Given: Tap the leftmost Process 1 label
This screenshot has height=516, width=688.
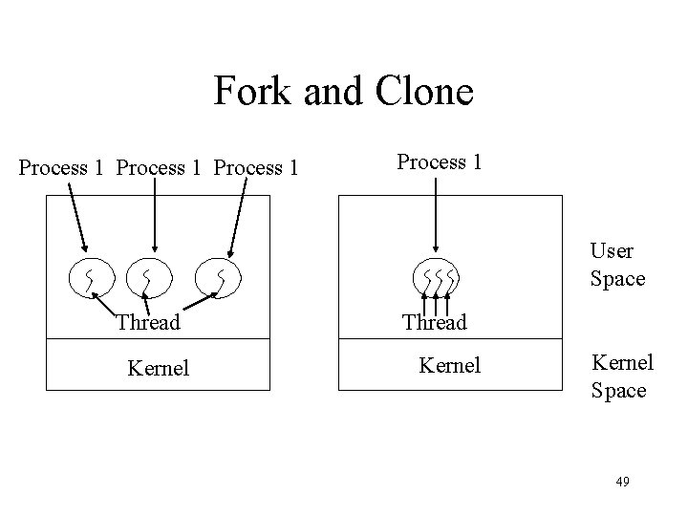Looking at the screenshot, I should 61,168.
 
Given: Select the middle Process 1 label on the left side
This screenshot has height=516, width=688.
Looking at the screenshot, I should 160,168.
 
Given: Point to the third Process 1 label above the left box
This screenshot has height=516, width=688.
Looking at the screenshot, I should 257,168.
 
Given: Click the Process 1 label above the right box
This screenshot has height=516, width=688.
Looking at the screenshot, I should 439,161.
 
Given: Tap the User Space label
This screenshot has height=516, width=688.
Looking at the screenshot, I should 617,265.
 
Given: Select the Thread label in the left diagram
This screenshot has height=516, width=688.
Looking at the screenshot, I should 147,323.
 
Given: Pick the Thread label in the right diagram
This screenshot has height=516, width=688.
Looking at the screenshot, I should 434,323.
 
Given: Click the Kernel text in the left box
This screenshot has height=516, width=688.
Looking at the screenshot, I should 159,366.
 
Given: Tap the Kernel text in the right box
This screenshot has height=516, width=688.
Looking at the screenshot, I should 450,365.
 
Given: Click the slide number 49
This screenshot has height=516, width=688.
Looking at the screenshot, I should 622,481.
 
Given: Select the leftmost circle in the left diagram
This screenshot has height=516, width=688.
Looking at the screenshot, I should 89,277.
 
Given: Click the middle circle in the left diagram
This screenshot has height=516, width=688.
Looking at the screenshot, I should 147,277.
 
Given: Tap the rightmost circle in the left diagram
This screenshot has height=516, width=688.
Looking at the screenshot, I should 220,277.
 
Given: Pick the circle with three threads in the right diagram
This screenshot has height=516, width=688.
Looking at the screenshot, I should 437,279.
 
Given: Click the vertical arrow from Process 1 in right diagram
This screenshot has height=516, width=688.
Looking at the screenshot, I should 435,216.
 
